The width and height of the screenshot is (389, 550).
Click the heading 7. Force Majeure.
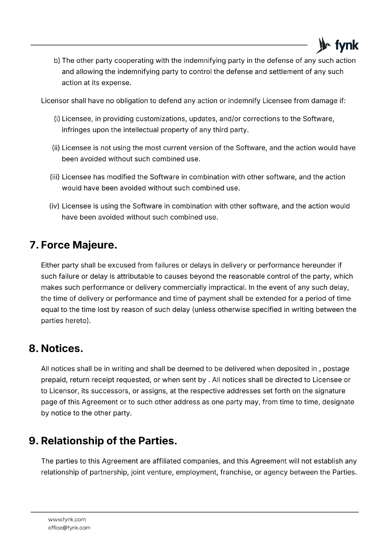(73, 245)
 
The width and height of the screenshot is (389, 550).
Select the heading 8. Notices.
(56, 348)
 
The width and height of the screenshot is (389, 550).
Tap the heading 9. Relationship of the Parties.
(103, 441)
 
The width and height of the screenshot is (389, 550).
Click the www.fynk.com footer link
(67, 519)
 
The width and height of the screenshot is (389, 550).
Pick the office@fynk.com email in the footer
(69, 528)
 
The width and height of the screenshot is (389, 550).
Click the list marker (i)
(57, 119)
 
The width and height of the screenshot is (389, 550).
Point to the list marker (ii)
(56, 148)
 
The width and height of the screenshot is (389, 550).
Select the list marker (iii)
(55, 177)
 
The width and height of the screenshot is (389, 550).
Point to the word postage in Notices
(336, 369)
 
